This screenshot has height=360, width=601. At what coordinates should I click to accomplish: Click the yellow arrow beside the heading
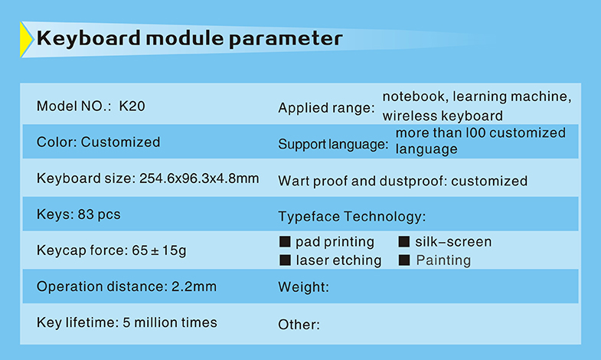[x=26, y=40]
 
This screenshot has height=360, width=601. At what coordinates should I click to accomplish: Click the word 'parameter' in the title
[x=286, y=40]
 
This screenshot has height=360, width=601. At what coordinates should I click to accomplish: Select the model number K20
[x=132, y=106]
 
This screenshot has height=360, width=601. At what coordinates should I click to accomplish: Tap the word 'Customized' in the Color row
[x=120, y=142]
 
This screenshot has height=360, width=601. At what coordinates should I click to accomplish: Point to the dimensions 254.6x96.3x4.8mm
[x=199, y=178]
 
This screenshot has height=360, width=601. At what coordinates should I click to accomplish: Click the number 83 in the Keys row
[x=86, y=214]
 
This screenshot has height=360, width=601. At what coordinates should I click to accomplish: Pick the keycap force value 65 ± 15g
[x=159, y=250]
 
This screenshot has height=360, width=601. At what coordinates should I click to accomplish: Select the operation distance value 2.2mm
[x=194, y=286]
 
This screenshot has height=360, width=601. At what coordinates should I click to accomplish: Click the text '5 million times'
[x=170, y=322]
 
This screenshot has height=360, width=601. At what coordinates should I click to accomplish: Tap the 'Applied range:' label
[x=326, y=108]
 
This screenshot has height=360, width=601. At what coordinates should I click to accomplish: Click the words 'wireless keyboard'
[x=443, y=116]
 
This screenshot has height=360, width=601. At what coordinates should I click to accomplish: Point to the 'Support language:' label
[x=333, y=145]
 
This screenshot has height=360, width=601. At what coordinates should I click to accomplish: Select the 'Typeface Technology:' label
[x=352, y=217]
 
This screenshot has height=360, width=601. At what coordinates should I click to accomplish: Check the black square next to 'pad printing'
[x=285, y=241]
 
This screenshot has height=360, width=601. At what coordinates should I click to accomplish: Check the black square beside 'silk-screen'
[x=404, y=241]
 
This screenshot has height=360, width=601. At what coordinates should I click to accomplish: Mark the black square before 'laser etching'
[x=285, y=260]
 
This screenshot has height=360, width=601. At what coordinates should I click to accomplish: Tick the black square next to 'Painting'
[x=404, y=260]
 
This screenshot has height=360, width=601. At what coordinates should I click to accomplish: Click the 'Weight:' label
[x=304, y=287]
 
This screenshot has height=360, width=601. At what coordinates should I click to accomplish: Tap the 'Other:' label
[x=299, y=325]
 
